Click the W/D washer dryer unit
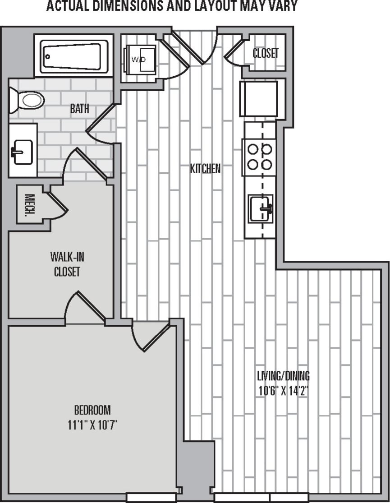(x=140, y=60)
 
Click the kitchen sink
(x=260, y=209)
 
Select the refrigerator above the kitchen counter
(x=259, y=99)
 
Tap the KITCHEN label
(x=205, y=169)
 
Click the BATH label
(x=79, y=109)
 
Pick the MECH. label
(x=30, y=204)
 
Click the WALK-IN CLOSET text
(x=67, y=264)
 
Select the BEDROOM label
(x=92, y=410)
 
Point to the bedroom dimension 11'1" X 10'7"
(x=92, y=425)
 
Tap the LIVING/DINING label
(x=283, y=375)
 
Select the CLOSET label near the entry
(x=265, y=53)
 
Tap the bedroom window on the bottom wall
(x=151, y=497)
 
